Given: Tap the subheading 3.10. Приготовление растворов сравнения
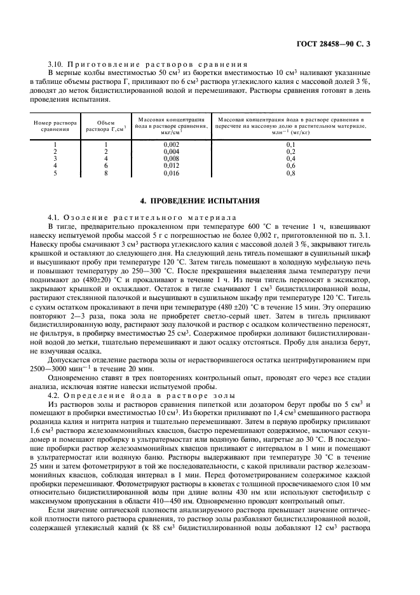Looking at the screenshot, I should click(147, 65).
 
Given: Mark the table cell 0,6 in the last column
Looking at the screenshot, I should click(290, 165).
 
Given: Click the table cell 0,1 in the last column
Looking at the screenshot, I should click(290, 144).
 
